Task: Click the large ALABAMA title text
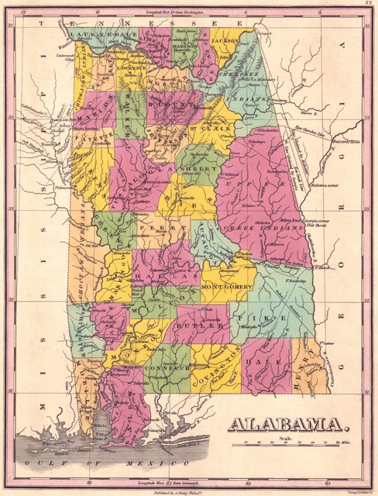(x=286, y=425)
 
